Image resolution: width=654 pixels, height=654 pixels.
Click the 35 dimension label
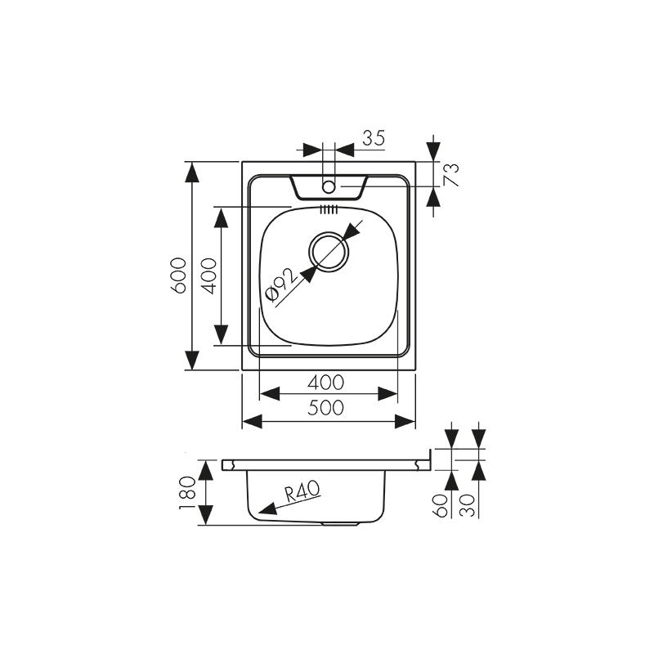373,138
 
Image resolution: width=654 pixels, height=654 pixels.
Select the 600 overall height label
179,275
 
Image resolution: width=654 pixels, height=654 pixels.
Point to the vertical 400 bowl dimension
208,275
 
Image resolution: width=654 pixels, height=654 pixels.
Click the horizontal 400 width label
327,382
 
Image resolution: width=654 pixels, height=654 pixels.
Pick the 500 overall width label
327,408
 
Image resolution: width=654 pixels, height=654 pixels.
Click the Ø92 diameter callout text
280,287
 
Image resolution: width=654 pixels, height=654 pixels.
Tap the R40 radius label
302,490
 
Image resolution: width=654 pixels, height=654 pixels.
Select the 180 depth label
187,492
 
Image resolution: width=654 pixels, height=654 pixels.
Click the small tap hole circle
329,187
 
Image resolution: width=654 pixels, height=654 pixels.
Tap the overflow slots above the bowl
329,210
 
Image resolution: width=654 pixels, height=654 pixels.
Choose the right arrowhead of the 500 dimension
406,421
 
